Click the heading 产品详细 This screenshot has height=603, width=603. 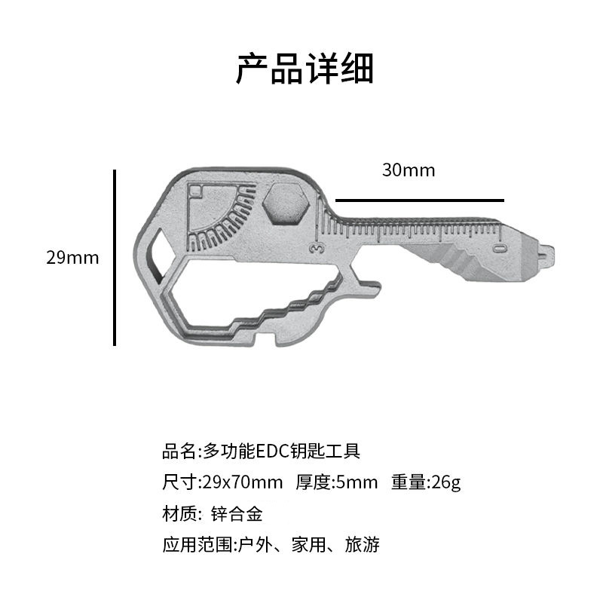point(305,69)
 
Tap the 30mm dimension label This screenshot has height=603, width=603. point(408,170)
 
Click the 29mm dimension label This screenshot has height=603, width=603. point(72,258)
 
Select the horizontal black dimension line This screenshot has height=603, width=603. point(419,200)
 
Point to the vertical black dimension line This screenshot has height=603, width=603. point(115,258)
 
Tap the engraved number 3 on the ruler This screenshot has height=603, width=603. point(319,246)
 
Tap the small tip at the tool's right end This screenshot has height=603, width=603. point(543,253)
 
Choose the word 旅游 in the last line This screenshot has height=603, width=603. point(362,545)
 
